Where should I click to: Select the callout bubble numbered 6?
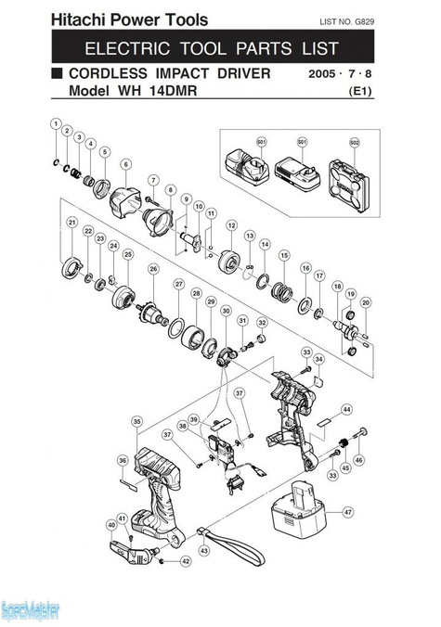point(124,164)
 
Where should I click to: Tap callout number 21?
point(71,223)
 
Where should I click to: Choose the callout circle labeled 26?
point(153,269)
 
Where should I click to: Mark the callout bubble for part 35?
point(136,421)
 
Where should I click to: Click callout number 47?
point(348,512)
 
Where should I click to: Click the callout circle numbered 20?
point(365,302)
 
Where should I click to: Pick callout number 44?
point(345,408)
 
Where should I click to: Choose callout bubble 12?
point(231,224)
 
